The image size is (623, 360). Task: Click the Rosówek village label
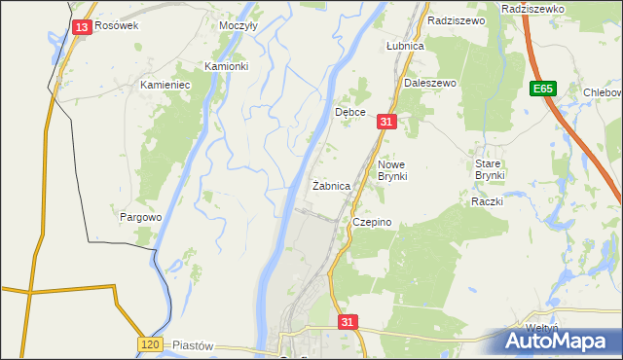(x=117, y=26)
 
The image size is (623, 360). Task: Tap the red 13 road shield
(x=82, y=27)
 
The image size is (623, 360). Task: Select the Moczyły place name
(x=238, y=26)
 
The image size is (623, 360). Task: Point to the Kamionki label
(x=226, y=66)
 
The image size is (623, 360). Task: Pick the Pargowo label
(x=140, y=217)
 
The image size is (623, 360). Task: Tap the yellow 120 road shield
(x=149, y=345)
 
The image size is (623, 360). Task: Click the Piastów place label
(x=191, y=345)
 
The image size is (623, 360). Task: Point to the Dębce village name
(x=350, y=113)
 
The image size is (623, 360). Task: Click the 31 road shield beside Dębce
(x=387, y=122)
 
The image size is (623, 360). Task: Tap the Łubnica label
(x=404, y=46)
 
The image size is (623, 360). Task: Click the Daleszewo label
(x=429, y=84)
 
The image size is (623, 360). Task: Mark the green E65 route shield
(x=544, y=89)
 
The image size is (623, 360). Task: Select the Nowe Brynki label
(x=397, y=170)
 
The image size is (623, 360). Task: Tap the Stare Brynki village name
(x=488, y=170)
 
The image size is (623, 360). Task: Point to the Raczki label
(x=486, y=201)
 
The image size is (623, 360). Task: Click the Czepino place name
(x=372, y=222)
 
